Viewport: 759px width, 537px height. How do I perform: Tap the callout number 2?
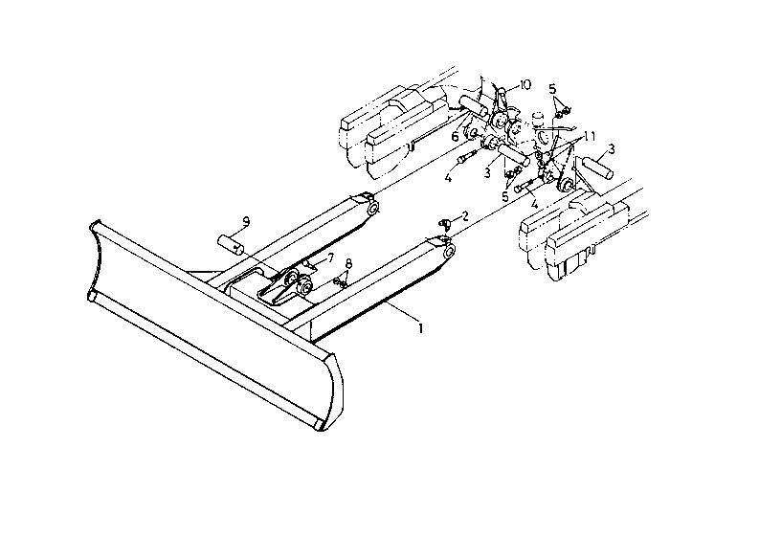click(465, 216)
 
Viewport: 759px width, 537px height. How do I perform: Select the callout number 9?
click(247, 222)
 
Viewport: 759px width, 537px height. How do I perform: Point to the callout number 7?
click(329, 257)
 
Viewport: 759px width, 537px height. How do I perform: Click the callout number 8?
click(349, 263)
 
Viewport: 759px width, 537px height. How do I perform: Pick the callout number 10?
click(525, 84)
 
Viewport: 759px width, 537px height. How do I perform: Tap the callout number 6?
click(457, 137)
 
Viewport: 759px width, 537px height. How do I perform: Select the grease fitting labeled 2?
click(445, 223)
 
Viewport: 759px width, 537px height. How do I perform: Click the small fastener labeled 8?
click(341, 280)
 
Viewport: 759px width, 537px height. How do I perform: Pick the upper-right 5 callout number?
click(552, 89)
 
